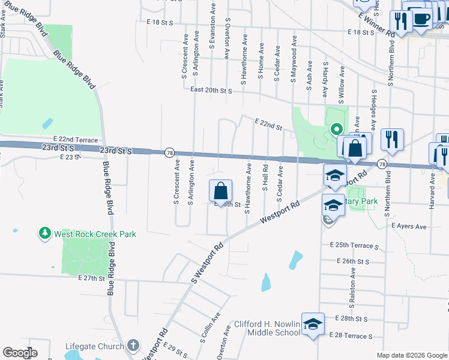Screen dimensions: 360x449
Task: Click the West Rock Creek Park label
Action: [x=95, y=234]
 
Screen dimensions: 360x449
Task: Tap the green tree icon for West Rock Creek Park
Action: [x=44, y=233]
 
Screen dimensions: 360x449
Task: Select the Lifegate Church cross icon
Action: [x=133, y=346]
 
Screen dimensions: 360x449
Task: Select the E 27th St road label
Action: [x=91, y=278]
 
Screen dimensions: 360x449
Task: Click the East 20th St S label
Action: [x=211, y=90]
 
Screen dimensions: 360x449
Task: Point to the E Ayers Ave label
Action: [x=409, y=227]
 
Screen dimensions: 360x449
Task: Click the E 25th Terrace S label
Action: [x=355, y=247]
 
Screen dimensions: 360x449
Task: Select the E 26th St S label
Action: [x=354, y=262]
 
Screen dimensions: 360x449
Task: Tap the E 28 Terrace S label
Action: [x=351, y=337]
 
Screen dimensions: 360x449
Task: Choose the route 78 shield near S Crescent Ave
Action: [x=169, y=152]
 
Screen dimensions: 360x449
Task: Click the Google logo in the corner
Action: [x=20, y=353]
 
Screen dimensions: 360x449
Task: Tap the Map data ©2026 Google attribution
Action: [x=411, y=355]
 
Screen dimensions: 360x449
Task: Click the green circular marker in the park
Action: [x=337, y=129]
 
